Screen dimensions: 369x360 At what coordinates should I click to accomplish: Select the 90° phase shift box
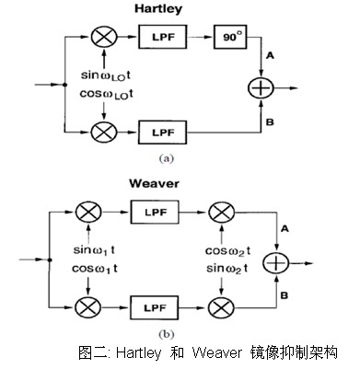point(227,39)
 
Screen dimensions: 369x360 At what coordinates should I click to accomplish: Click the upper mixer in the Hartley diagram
point(99,39)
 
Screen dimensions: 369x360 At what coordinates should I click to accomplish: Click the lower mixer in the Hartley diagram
point(99,133)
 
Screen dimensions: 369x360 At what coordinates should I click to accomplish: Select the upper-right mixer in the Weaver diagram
point(221,212)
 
